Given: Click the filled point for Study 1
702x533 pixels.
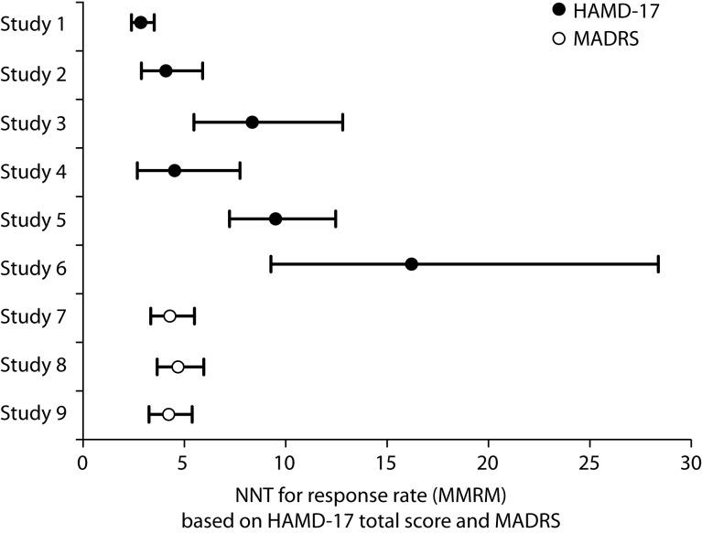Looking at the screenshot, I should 140,22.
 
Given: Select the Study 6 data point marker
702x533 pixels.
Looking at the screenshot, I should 411,264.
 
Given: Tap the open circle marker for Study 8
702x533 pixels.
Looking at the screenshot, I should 178,367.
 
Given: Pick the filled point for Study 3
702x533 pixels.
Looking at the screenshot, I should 252,123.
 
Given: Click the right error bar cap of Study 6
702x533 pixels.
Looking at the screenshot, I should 658,264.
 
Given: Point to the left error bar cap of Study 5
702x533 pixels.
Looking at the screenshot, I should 229,219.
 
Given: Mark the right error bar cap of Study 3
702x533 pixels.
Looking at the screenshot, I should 342,123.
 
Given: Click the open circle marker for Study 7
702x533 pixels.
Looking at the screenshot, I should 169,316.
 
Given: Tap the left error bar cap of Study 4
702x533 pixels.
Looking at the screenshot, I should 137,170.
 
